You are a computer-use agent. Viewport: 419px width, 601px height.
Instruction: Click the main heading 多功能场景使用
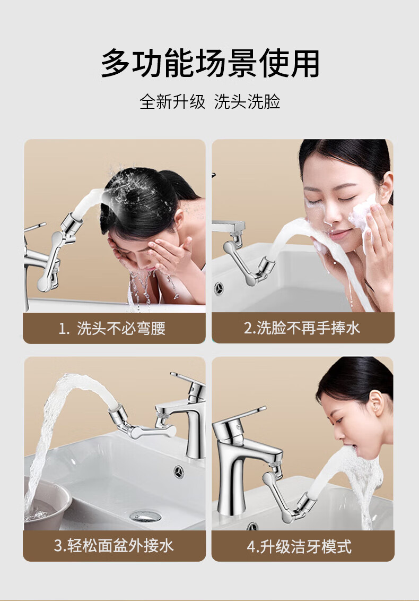(210, 63)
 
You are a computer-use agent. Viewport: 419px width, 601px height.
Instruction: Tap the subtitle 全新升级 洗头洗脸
(210, 101)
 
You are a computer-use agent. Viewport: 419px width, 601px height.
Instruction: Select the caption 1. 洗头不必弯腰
(112, 329)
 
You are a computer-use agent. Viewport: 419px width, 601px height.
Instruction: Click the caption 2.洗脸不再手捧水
(302, 328)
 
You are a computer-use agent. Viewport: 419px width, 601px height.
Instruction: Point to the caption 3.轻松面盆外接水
(114, 545)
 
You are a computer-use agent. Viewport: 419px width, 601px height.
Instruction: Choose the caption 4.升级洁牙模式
(299, 546)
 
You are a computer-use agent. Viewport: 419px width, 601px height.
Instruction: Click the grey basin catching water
(46, 500)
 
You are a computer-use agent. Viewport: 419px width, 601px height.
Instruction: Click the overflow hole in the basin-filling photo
(179, 471)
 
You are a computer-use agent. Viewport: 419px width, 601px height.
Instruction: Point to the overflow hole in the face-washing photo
(219, 288)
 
